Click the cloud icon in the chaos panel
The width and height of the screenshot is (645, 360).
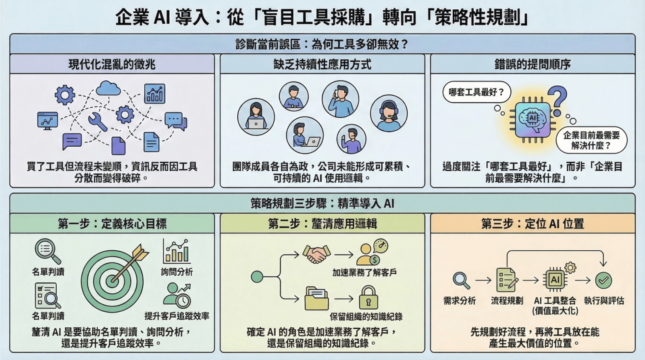108,87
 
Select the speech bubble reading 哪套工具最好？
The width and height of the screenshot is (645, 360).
476,92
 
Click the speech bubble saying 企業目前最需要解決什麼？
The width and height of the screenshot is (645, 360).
591,140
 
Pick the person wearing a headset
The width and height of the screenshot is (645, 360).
389,113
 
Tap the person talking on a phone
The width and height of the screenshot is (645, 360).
340,99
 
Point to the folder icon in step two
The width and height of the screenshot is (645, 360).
316,298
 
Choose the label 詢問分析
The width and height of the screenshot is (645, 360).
177,272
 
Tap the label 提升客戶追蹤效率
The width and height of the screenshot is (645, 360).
177,316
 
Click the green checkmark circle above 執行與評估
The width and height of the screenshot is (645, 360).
603,280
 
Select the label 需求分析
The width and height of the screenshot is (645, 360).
460,300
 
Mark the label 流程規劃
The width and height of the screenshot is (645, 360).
507,300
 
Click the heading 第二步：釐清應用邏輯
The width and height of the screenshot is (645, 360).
322,223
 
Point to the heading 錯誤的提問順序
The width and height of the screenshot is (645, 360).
533,64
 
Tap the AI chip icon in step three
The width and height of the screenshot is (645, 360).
555,279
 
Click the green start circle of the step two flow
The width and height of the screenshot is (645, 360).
257,277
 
